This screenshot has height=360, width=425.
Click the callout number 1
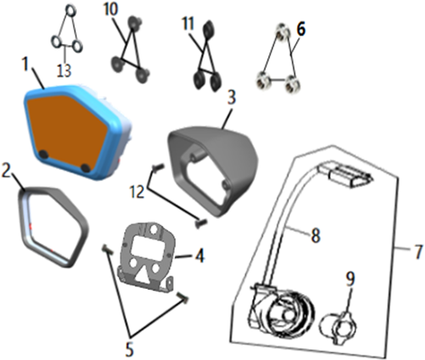27,63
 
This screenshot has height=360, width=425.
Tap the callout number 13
65,71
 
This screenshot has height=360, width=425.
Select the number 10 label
111,10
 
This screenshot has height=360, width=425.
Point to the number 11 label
188,24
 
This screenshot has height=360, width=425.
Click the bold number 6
301,30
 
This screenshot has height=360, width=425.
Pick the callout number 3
231,97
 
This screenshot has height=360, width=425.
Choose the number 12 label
137,191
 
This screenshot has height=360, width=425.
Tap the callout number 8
315,235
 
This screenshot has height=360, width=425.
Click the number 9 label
350,278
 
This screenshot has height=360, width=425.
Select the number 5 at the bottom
130,349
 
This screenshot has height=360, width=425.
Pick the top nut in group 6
283,31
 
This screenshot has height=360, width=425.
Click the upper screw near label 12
158,167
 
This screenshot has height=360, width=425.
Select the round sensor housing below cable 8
282,312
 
